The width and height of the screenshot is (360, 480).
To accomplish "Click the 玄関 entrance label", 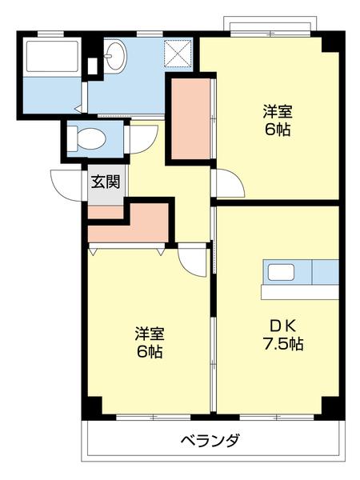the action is point(106,182).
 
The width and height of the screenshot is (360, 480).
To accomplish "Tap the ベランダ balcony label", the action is point(210,441).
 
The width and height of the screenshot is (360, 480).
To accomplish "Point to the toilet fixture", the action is point(86,139).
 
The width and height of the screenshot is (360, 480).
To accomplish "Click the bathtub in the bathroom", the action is point(52,56).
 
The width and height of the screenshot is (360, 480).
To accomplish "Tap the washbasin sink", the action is point(115,56).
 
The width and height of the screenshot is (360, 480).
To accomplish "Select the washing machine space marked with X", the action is point(178,53).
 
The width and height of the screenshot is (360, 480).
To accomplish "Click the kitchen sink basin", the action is point(281,272).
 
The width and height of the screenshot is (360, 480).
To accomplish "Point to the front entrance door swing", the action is point(66,186).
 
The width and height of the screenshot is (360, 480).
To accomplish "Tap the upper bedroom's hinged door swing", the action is point(230,182).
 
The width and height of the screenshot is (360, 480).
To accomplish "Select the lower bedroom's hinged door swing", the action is point(192,260).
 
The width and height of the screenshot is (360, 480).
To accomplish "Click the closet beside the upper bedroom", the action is point(190,118).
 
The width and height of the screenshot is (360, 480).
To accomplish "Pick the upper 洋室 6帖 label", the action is point(278,120).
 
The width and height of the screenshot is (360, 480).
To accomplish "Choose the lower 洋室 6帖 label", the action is point(150,342).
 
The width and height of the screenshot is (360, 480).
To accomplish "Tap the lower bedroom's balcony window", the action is point(154,417).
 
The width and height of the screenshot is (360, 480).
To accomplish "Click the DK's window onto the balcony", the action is point(277,417).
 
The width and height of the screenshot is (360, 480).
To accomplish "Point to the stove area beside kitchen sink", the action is point(325,272).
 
